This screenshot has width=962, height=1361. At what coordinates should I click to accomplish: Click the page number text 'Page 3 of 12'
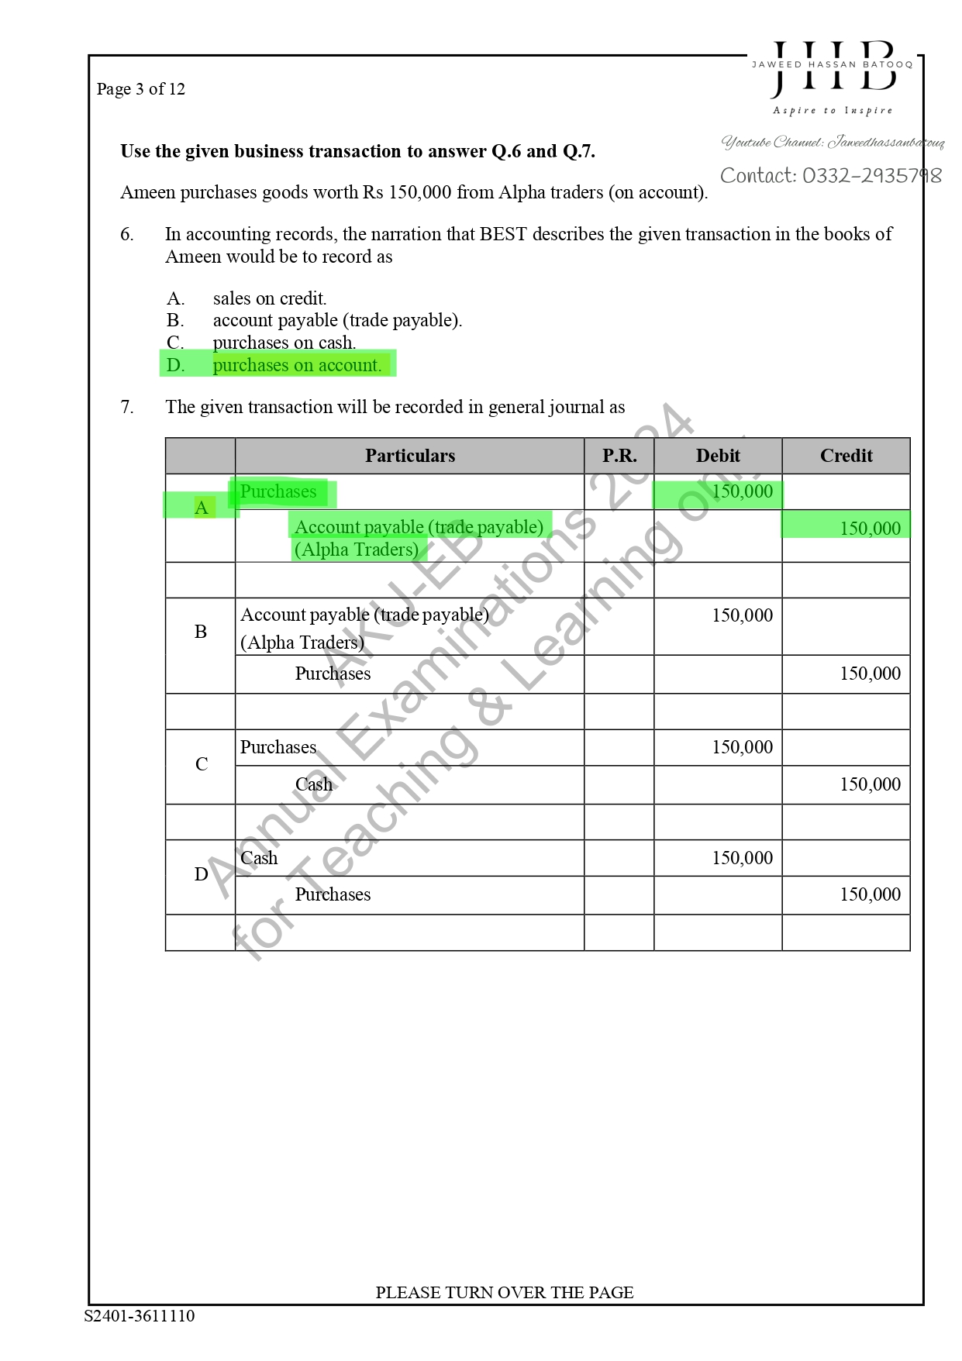tap(140, 89)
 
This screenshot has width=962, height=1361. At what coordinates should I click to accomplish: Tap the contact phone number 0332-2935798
tap(830, 176)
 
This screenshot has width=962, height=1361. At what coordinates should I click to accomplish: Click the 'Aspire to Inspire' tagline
tap(833, 111)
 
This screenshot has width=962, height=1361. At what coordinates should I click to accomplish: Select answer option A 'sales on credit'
tap(269, 298)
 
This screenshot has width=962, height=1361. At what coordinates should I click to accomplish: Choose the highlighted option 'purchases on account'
tap(297, 365)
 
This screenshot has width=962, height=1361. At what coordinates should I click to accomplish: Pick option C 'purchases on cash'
tap(284, 343)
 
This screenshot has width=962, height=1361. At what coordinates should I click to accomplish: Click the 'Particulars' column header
tap(409, 456)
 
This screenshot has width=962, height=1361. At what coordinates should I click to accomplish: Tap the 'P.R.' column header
tap(619, 456)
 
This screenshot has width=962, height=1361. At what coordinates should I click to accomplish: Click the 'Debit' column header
tap(717, 456)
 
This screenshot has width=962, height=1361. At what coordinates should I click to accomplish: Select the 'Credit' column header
tap(846, 456)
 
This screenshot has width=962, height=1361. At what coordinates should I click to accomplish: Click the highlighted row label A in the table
tap(202, 508)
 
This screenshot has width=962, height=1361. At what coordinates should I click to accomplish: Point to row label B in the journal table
tap(201, 632)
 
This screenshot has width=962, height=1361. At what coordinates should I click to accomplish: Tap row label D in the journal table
tap(201, 874)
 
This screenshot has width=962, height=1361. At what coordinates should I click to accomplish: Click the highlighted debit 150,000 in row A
tap(742, 491)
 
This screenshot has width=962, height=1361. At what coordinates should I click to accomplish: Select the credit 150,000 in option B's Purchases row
tap(870, 674)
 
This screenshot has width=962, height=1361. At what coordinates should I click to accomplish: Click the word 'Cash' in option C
tap(313, 784)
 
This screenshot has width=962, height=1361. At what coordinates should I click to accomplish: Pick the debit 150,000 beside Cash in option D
tap(742, 858)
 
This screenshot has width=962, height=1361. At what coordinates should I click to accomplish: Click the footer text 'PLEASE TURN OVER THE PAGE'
tap(504, 1292)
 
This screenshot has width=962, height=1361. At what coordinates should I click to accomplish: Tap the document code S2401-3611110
tap(140, 1315)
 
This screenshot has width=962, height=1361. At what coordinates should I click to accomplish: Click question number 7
tap(127, 407)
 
